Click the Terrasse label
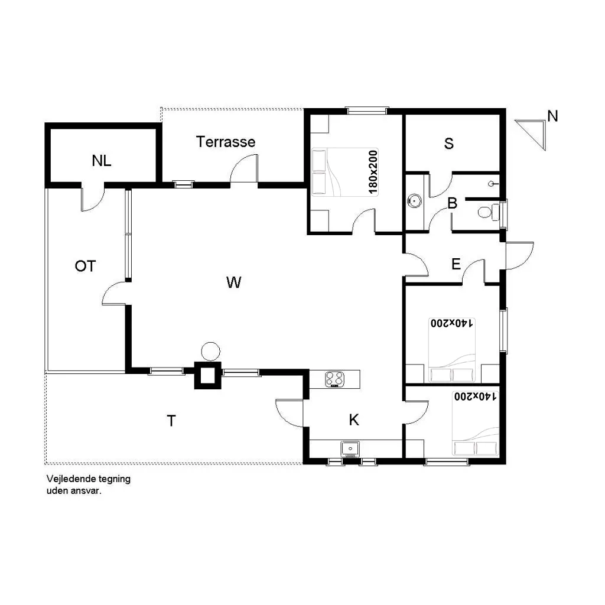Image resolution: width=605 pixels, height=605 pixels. click(x=226, y=142)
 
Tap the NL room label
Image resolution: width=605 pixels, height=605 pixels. click(x=102, y=160)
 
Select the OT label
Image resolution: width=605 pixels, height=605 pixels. click(x=85, y=266)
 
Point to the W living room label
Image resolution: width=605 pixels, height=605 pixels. click(x=233, y=282)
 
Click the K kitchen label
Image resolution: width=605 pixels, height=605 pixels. click(x=354, y=420)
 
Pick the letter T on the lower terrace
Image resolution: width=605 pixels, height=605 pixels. click(x=171, y=421)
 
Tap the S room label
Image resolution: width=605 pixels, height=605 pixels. click(x=449, y=143)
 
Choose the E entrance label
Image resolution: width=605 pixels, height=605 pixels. click(x=456, y=264)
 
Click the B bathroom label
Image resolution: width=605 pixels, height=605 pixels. click(x=452, y=204)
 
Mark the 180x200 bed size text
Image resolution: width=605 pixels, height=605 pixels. click(x=372, y=172)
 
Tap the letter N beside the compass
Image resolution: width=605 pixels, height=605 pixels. click(x=552, y=116)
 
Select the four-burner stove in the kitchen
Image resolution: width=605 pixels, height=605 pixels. click(x=335, y=379)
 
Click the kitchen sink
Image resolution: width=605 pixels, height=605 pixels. click(x=350, y=450)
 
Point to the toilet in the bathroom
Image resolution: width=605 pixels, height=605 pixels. click(x=485, y=212)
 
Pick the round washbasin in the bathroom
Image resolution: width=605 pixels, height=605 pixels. click(x=415, y=201)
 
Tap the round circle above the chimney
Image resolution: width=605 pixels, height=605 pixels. click(x=210, y=352)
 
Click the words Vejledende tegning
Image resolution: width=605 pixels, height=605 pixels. click(x=89, y=479)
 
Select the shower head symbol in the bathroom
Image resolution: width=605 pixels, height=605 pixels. click(x=493, y=183)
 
